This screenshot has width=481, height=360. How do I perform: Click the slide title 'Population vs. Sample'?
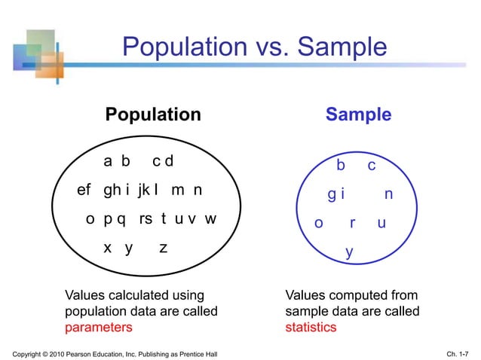[254, 48]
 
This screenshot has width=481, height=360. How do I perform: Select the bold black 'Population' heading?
[153, 114]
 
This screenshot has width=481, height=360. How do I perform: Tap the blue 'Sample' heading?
[358, 114]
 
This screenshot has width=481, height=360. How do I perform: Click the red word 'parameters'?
[99, 328]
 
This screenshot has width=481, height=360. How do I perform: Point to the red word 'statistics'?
[311, 328]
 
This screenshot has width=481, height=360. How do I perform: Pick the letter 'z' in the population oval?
[164, 248]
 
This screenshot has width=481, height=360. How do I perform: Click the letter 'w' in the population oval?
[211, 219]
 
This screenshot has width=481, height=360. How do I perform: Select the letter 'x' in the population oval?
[108, 248]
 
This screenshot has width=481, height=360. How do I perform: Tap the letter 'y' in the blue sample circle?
[349, 252]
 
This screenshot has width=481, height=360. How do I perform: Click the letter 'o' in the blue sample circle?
[318, 224]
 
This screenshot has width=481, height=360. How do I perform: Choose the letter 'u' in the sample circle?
[381, 224]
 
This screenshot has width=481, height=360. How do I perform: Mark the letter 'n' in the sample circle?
[388, 194]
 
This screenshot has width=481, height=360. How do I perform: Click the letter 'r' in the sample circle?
[352, 224]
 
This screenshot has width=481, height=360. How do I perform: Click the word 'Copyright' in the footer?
[30, 354]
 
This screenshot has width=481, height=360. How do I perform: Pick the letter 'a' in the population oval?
[108, 161]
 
